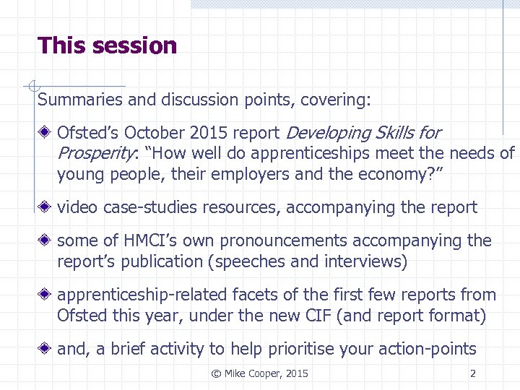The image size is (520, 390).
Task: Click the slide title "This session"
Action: [107, 45]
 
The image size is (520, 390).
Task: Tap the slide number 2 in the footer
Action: [472, 373]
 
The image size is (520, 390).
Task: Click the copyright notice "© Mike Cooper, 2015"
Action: [259, 373]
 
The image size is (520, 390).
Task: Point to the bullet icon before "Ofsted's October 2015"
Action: [45, 134]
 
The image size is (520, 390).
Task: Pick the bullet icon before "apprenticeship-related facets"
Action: [45, 295]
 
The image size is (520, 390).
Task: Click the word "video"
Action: [78, 208]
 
